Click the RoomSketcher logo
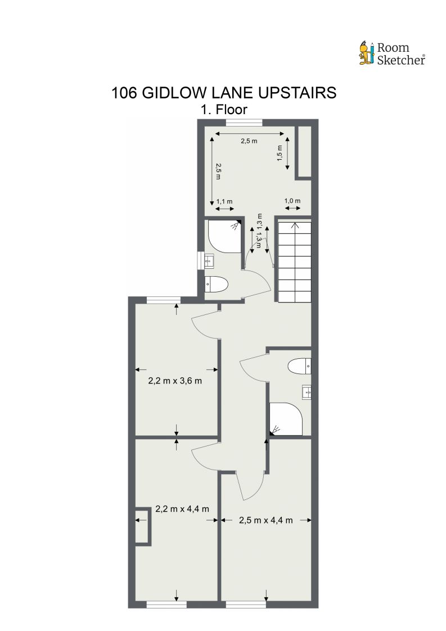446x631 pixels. pyautogui.click(x=391, y=53)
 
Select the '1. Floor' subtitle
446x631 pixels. pyautogui.click(x=224, y=109)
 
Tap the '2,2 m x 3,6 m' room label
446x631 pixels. pyautogui.click(x=175, y=381)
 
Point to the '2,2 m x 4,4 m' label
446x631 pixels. pyautogui.click(x=182, y=509)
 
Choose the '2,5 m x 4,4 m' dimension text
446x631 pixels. pyautogui.click(x=265, y=520)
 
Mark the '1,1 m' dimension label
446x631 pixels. pyautogui.click(x=224, y=201)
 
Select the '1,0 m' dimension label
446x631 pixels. pyautogui.click(x=292, y=201)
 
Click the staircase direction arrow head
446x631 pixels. pyautogui.click(x=293, y=226)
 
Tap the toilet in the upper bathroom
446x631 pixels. pyautogui.click(x=217, y=285)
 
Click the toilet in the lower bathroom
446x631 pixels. pyautogui.click(x=299, y=367)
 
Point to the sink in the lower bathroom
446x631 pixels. pyautogui.click(x=307, y=391)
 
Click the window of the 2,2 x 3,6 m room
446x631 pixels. pyautogui.click(x=164, y=299)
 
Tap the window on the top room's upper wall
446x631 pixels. pyautogui.click(x=244, y=122)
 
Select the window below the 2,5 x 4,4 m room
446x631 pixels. pyautogui.click(x=246, y=605)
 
